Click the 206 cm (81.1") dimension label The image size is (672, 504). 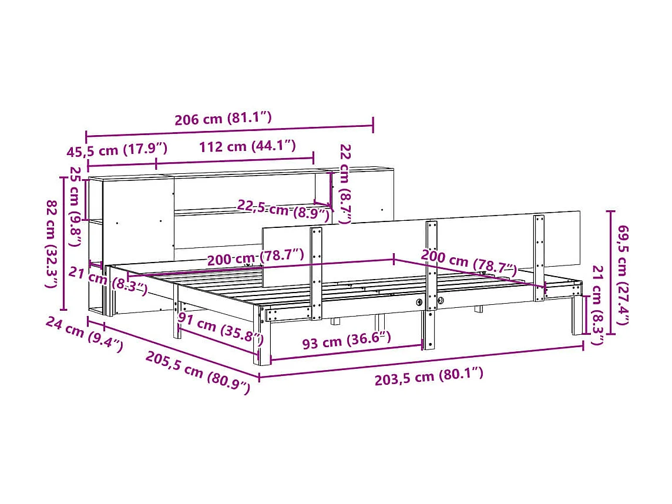[223, 119]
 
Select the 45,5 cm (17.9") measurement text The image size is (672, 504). [117, 151]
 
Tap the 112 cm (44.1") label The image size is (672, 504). [247, 146]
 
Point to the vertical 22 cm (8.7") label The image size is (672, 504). [345, 184]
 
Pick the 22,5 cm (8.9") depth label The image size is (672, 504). [283, 209]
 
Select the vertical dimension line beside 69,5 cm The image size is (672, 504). [611, 272]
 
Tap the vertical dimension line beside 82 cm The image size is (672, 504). [64, 243]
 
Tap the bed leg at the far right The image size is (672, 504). [577, 317]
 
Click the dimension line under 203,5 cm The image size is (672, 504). [421, 361]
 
